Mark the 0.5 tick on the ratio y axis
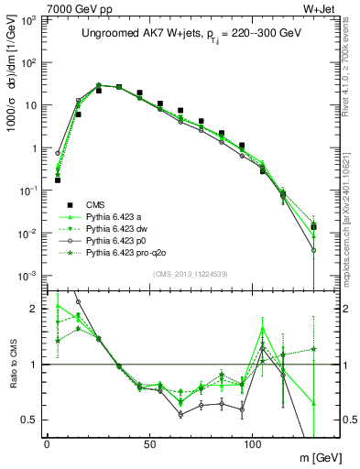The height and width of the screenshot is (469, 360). point(33,420)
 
